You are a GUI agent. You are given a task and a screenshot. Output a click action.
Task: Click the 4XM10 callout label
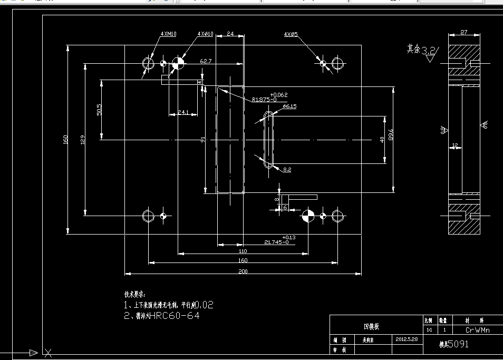(x=169, y=34)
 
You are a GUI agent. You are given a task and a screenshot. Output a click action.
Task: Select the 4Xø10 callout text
(x=205, y=34)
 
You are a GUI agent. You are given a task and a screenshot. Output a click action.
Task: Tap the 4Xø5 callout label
(x=291, y=34)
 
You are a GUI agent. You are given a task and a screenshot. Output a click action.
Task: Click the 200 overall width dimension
(x=243, y=271)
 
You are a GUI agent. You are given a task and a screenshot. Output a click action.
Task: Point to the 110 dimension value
(x=243, y=251)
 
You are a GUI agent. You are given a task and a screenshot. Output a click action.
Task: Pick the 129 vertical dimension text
(x=83, y=140)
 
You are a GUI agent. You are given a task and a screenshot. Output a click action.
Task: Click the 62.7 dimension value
(x=206, y=61)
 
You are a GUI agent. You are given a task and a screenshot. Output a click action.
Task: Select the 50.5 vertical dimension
(x=99, y=110)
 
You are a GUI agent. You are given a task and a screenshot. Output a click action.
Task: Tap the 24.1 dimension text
(x=183, y=112)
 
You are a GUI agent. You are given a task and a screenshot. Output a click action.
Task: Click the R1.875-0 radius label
(x=264, y=99)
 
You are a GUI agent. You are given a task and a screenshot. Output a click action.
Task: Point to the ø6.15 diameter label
(x=289, y=106)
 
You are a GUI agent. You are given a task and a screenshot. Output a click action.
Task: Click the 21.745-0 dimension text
(x=276, y=242)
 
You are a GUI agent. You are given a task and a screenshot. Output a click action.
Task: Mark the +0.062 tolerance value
(x=279, y=94)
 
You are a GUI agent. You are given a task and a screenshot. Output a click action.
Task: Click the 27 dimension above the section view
(x=464, y=32)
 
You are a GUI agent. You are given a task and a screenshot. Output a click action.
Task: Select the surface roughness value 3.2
(x=429, y=51)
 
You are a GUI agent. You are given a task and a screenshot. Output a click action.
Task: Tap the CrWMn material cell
(x=478, y=330)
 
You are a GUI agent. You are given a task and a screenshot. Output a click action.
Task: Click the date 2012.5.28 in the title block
(x=406, y=339)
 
